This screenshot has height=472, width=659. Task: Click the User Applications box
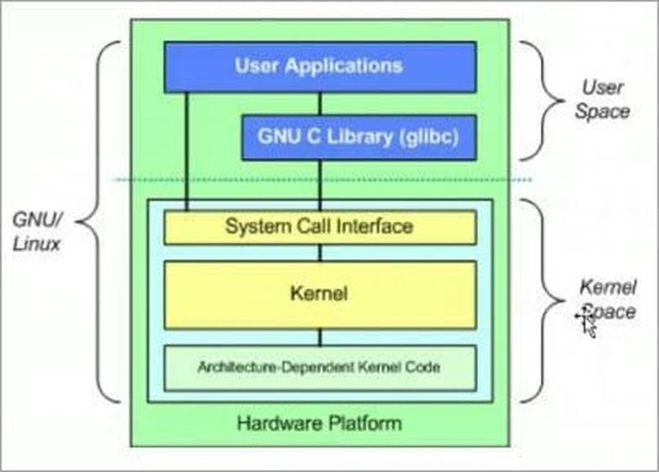[319, 66]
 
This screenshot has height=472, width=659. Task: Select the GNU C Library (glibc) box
[358, 137]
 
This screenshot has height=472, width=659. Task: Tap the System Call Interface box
[319, 227]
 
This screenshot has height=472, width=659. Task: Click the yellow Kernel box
[319, 295]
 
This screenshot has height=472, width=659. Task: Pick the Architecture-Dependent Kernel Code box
[319, 367]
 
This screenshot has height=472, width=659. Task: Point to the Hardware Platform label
[319, 424]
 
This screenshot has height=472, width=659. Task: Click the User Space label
[602, 98]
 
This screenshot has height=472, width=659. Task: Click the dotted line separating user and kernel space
[323, 180]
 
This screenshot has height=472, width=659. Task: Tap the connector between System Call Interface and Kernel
[320, 253]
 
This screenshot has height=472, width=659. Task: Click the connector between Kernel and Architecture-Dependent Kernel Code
[320, 337]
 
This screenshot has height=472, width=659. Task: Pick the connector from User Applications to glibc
[320, 103]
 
